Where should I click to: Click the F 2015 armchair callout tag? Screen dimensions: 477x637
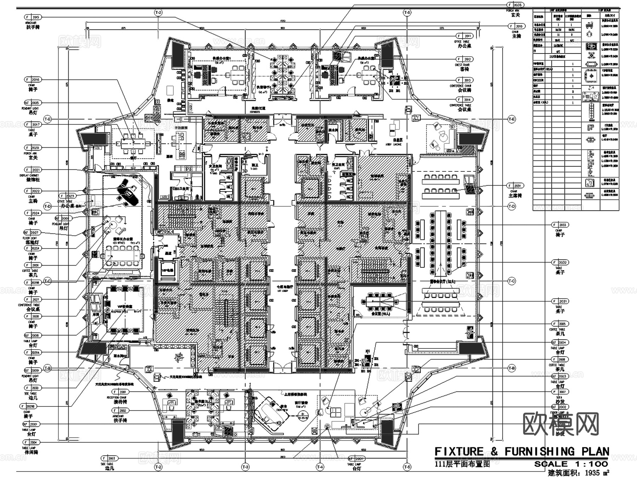[x=33, y=17]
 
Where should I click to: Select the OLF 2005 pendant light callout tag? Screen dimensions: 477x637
[x=33, y=103]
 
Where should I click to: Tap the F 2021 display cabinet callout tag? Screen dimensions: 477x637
[x=33, y=170]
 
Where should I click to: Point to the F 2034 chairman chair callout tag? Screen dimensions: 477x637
[x=515, y=186]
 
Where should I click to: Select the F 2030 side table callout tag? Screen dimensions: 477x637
[x=33, y=388]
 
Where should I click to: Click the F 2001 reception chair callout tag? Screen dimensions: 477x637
[x=120, y=392]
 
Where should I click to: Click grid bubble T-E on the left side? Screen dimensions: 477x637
[x=47, y=119]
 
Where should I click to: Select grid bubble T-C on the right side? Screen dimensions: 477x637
[x=512, y=281]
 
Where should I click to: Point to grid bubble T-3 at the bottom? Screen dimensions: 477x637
[x=245, y=467]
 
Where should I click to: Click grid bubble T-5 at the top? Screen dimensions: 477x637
[x=407, y=13]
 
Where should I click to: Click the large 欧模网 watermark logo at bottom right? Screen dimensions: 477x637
[x=561, y=424]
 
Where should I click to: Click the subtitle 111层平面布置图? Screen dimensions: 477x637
[x=462, y=464]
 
